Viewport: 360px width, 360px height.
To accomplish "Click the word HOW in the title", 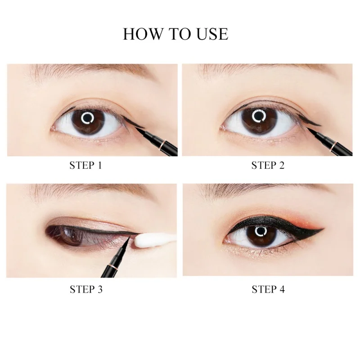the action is [142, 34].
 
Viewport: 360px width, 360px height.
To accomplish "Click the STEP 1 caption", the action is [85, 165].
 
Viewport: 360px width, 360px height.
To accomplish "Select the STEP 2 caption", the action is [268, 165].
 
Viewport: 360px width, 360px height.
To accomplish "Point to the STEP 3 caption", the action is [86, 289].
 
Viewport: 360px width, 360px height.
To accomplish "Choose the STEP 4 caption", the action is [268, 289].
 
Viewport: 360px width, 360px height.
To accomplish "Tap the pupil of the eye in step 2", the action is [259, 117].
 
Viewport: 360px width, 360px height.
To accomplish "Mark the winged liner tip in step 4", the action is [324, 229].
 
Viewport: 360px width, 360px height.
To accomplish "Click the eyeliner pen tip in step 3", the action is [129, 236].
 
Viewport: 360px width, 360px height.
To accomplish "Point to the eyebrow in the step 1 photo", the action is [92, 71].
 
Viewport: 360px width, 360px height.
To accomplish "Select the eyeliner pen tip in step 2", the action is [308, 128].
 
